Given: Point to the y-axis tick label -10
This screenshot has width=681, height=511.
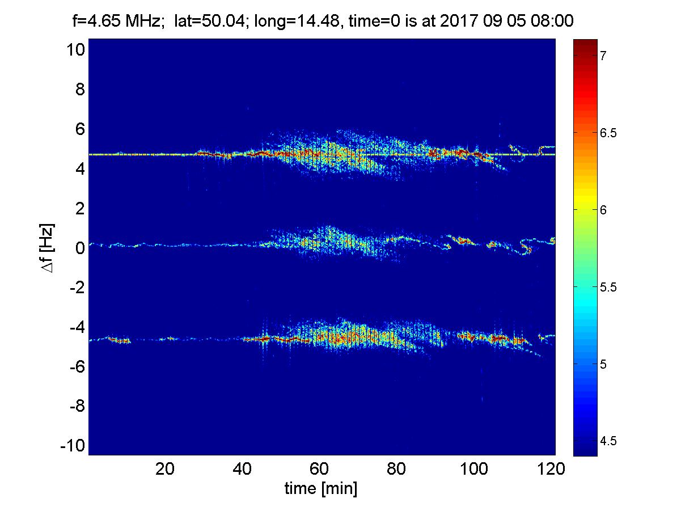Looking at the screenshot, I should pos(72,446).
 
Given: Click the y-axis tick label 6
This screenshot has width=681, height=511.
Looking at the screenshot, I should pos(79,129).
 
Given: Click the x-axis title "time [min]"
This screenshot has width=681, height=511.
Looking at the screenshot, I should pos(320,488).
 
